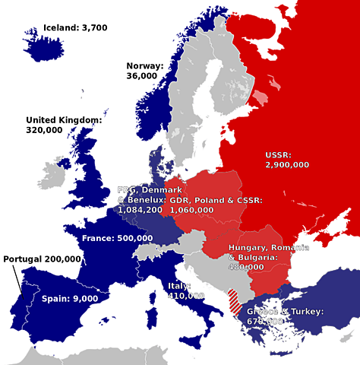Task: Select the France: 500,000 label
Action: tap(117, 238)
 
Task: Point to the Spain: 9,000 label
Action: tap(69, 299)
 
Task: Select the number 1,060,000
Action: tap(191, 209)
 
